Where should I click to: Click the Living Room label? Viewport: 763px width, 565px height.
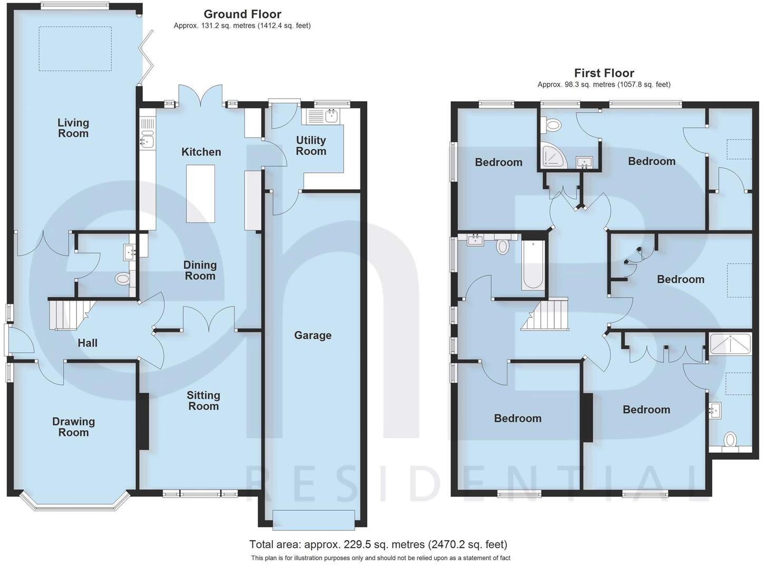(x=73, y=128)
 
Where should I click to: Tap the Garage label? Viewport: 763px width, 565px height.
(x=312, y=335)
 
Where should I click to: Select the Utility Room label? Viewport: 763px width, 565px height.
(x=311, y=145)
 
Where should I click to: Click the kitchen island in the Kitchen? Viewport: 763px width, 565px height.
(x=201, y=194)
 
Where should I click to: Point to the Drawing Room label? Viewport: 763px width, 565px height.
(x=73, y=427)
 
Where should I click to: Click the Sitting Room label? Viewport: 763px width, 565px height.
(x=203, y=401)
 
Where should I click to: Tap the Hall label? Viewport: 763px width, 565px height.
(x=87, y=343)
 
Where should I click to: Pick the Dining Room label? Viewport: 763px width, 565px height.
(x=200, y=270)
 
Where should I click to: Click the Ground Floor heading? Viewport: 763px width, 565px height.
(x=242, y=14)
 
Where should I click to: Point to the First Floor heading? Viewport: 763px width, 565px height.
(x=604, y=73)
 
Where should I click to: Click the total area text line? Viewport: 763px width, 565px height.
(x=378, y=544)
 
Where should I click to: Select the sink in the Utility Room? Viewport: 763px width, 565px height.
(x=331, y=116)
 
